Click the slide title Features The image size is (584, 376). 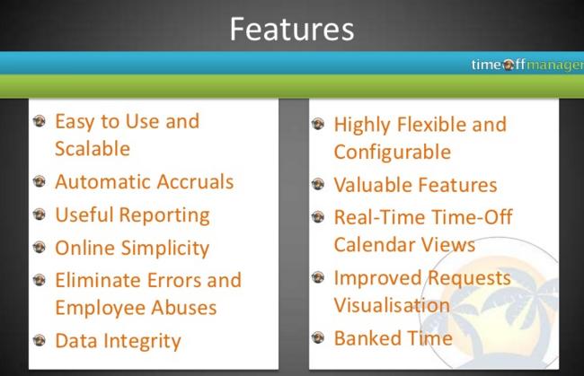click(x=292, y=29)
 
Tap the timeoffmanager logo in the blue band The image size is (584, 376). click(x=527, y=65)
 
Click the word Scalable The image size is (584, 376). click(x=93, y=148)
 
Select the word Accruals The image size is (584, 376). click(x=195, y=181)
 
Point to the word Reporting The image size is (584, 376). click(x=164, y=215)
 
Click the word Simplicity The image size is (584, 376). click(x=165, y=249)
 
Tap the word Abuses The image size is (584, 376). click(x=183, y=308)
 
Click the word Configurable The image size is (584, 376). click(x=393, y=153)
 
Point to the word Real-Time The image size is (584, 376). click(x=379, y=217)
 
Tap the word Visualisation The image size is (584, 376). click(x=392, y=305)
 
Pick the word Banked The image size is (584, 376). click(x=367, y=338)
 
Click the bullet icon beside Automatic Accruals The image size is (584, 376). click(x=40, y=181)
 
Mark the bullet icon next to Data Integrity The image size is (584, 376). click(x=40, y=340)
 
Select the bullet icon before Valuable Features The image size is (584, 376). click(x=318, y=184)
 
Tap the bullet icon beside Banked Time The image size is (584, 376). click(x=318, y=337)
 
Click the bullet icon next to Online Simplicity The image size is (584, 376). click(x=40, y=247)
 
